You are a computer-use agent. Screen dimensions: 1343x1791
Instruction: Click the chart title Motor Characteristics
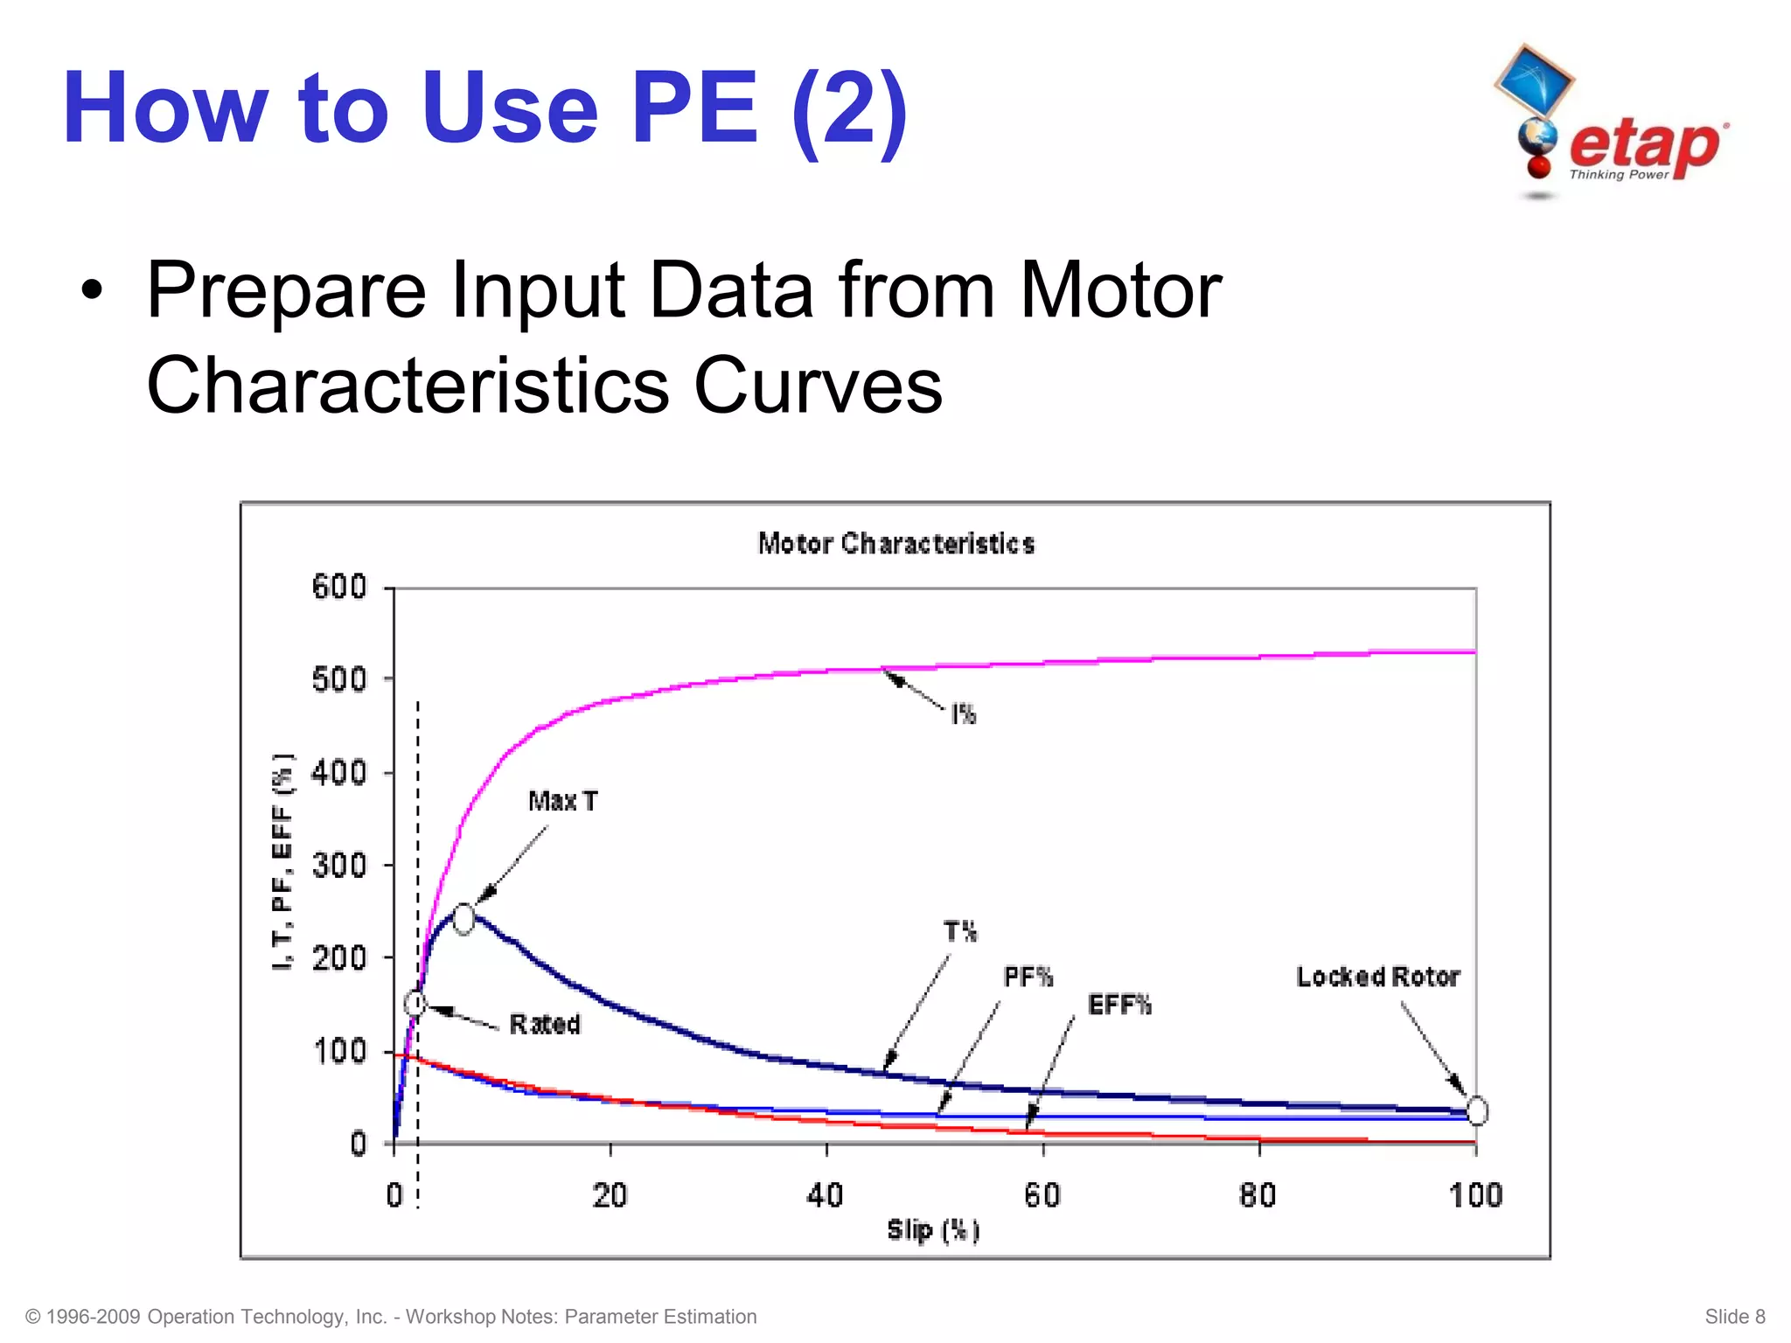pos(896,544)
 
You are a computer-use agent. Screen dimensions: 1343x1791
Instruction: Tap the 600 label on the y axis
pos(339,587)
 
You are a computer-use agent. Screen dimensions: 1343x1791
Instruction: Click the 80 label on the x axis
pos(1258,1195)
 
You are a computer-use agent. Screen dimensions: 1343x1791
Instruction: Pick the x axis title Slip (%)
pos(933,1230)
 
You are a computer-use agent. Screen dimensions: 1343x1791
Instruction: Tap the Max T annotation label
pos(563,801)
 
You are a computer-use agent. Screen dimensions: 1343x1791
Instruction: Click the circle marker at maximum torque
pos(463,919)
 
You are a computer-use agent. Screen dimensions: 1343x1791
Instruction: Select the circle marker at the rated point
pos(415,1003)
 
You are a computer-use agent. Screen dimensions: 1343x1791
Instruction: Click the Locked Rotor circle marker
pos(1476,1111)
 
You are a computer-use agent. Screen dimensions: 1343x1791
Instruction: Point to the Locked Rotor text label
pos(1378,977)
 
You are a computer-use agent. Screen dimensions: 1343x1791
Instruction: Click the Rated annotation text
pos(545,1024)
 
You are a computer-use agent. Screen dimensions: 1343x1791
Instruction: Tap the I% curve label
pos(964,715)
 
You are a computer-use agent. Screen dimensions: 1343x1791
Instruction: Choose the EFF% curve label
pos(1119,1006)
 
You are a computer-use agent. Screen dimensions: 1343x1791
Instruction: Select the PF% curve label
pos(1028,977)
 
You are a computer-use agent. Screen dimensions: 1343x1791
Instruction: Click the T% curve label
pos(960,932)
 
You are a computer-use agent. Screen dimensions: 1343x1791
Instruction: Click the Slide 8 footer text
pos(1734,1317)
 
